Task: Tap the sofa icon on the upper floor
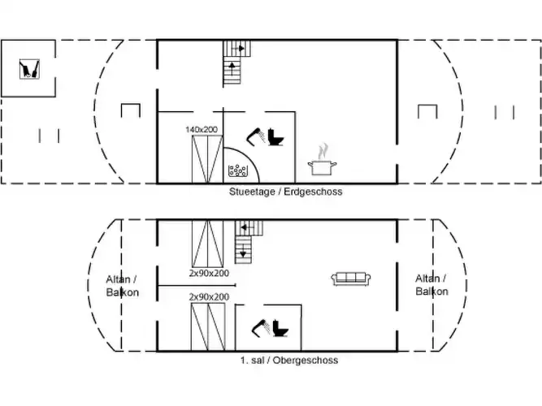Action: pyautogui.click(x=351, y=279)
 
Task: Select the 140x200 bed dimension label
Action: pyautogui.click(x=202, y=130)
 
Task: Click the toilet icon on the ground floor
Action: pyautogui.click(x=275, y=137)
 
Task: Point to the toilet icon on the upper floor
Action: pyautogui.click(x=280, y=328)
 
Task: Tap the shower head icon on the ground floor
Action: pyautogui.click(x=256, y=136)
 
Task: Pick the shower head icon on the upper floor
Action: pyautogui.click(x=261, y=327)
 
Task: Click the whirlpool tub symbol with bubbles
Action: pyautogui.click(x=238, y=171)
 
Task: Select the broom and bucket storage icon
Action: pyautogui.click(x=29, y=69)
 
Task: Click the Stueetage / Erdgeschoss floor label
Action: pyautogui.click(x=285, y=192)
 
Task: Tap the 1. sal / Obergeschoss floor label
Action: pyautogui.click(x=289, y=360)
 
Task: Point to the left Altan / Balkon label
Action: pyautogui.click(x=123, y=286)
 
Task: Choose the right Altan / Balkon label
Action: pyautogui.click(x=431, y=285)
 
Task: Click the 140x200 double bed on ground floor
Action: pyautogui.click(x=207, y=159)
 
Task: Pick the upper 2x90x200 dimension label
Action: pyautogui.click(x=209, y=273)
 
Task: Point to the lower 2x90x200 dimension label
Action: pyautogui.click(x=209, y=297)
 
